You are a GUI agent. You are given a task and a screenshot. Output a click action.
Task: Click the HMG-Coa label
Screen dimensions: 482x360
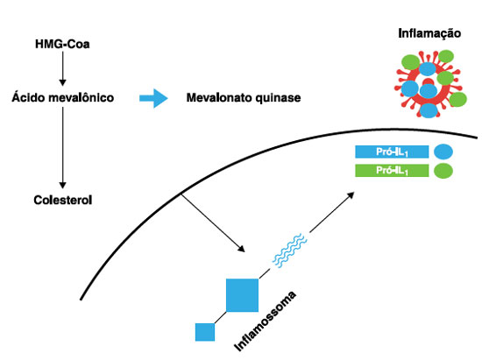[62, 44]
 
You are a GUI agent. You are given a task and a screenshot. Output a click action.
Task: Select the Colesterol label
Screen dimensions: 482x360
[63, 200]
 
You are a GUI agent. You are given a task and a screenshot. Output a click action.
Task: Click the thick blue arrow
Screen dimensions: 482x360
[153, 98]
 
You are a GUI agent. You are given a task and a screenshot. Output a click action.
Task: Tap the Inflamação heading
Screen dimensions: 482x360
[429, 33]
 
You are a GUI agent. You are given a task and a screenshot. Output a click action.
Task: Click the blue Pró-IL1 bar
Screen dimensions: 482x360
[392, 152]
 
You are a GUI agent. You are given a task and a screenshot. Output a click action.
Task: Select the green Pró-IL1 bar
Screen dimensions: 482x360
[392, 171]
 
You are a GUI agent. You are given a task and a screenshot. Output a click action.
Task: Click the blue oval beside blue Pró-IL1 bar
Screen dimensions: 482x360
[443, 152]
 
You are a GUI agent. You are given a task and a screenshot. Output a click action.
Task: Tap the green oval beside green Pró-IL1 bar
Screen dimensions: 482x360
[443, 171]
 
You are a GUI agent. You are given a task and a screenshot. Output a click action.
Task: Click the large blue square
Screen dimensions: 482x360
[242, 295]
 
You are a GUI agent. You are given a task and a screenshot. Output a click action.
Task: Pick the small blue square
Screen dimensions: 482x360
[205, 332]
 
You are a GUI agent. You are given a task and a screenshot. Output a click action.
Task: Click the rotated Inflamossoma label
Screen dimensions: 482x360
[266, 321]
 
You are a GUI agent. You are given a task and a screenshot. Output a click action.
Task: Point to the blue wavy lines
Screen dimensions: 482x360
[289, 251]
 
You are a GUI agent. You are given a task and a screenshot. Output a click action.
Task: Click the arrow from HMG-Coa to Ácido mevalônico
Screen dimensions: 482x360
[63, 68]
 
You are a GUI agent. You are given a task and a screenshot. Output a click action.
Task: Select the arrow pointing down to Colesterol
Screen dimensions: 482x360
[63, 147]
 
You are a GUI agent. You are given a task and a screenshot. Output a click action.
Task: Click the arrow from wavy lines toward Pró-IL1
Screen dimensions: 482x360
[332, 212]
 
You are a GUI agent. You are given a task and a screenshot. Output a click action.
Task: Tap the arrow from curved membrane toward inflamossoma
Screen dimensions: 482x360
[213, 223]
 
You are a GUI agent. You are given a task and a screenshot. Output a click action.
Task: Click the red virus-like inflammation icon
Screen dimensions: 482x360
[429, 83]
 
